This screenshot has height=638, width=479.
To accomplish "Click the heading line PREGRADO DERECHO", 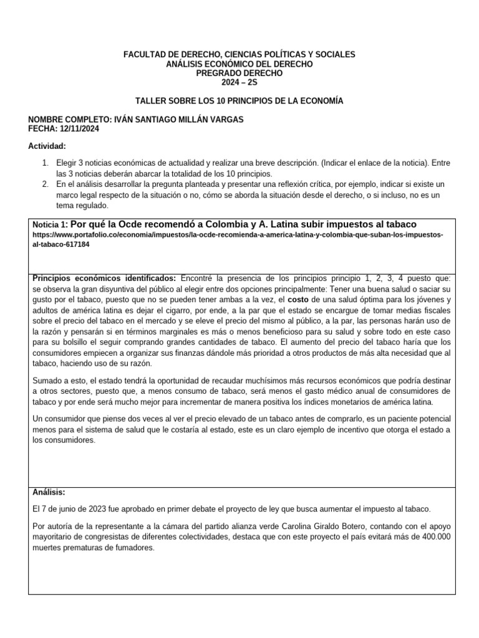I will [x=239, y=73].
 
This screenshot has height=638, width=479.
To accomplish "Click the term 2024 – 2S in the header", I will [x=239, y=82].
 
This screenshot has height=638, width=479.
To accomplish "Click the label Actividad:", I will [x=47, y=146].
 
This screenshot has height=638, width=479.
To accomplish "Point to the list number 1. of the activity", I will [x=45, y=163].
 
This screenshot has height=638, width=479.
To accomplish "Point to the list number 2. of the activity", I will [x=45, y=185].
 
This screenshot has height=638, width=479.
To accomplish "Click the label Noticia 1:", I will [x=51, y=224].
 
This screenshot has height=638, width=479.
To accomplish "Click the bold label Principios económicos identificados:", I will [x=105, y=278].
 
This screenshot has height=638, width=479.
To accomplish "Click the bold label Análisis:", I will [x=49, y=492].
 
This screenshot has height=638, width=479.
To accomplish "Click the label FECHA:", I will [x=43, y=129].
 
